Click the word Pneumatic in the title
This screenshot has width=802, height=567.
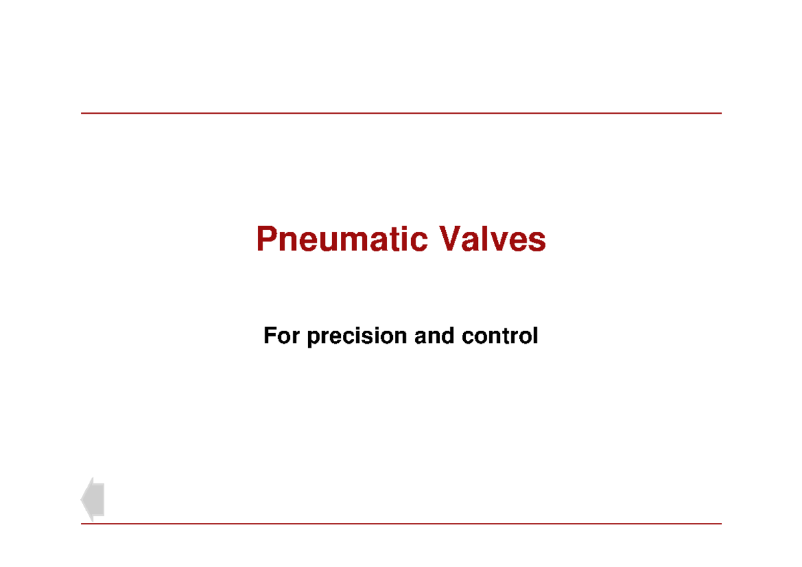click(342, 239)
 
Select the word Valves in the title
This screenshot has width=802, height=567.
click(492, 239)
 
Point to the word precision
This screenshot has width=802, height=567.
click(357, 336)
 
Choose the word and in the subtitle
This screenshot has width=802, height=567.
click(435, 336)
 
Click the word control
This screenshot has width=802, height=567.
click(499, 336)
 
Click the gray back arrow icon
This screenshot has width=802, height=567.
click(93, 499)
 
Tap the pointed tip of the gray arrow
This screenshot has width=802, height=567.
click(82, 499)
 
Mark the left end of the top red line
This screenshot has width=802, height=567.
click(82, 114)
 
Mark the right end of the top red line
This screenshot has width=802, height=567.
click(721, 114)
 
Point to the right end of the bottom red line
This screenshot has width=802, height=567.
click(721, 524)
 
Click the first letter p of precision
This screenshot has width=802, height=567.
click(312, 338)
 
